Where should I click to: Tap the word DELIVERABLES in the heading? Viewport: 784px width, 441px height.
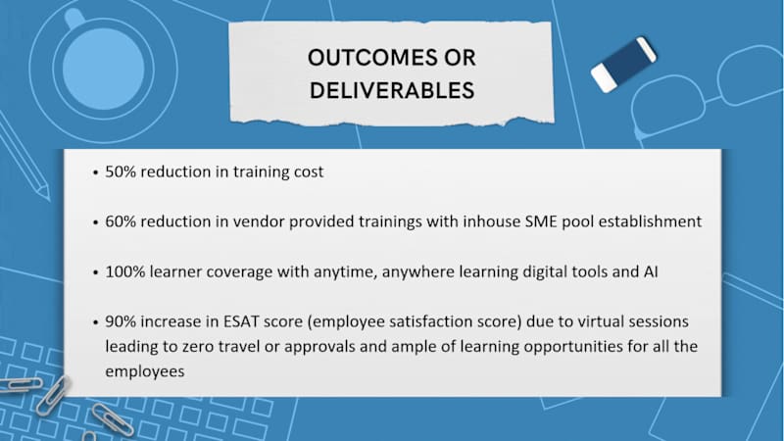pos(392,90)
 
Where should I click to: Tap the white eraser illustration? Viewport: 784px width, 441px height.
pos(623,64)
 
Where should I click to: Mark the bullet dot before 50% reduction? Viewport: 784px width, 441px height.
pos(94,172)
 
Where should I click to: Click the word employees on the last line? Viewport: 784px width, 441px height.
pos(146,371)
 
